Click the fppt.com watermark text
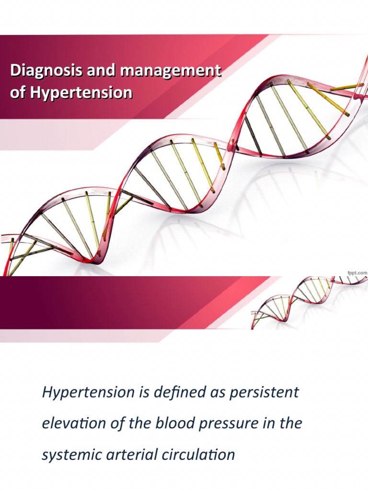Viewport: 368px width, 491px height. tap(356, 272)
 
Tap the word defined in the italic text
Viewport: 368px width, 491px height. tap(156, 392)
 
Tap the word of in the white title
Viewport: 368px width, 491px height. tap(18, 93)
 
